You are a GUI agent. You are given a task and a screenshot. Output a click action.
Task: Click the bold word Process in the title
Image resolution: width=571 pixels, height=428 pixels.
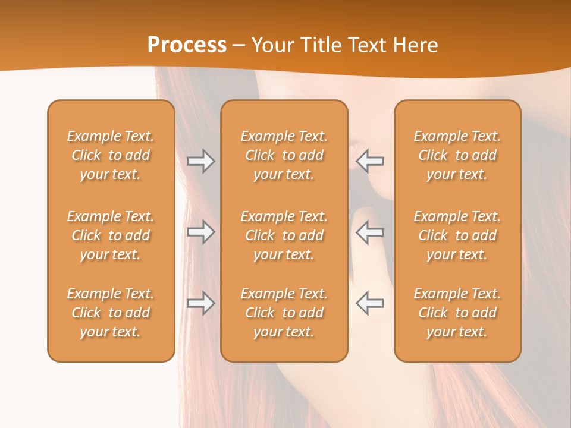pyautogui.click(x=187, y=45)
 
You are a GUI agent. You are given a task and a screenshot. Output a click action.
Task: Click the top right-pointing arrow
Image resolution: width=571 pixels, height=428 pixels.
pyautogui.click(x=200, y=161)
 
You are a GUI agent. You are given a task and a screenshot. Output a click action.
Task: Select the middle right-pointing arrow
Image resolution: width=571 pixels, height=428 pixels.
pyautogui.click(x=200, y=232)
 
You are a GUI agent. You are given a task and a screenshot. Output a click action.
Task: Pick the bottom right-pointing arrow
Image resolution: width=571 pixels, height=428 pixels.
pyautogui.click(x=200, y=303)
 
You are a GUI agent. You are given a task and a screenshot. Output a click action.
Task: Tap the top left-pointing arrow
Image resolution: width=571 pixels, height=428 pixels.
pyautogui.click(x=370, y=161)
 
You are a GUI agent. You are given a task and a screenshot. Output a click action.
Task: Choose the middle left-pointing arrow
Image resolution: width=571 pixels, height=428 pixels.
pyautogui.click(x=370, y=232)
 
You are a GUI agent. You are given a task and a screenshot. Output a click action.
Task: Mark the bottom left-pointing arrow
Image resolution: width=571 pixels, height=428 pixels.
pyautogui.click(x=370, y=303)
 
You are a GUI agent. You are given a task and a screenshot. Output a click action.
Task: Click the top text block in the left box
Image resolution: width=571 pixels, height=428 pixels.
pyautogui.click(x=111, y=155)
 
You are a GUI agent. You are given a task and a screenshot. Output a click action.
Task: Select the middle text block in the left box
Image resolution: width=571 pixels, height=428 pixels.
pyautogui.click(x=111, y=235)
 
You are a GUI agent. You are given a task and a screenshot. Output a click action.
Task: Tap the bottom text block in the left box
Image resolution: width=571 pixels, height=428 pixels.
pyautogui.click(x=111, y=313)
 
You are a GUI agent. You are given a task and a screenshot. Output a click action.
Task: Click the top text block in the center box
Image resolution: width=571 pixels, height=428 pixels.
pyautogui.click(x=284, y=155)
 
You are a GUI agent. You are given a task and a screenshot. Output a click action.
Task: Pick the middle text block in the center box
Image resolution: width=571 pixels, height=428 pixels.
pyautogui.click(x=284, y=235)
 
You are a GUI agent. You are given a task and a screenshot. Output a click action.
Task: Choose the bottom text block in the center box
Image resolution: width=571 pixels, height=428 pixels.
pyautogui.click(x=284, y=313)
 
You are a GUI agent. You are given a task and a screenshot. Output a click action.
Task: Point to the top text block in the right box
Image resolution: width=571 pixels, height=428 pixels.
pyautogui.click(x=457, y=155)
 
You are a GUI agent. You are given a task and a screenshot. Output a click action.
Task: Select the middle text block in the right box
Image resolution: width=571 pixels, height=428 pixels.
pyautogui.click(x=457, y=235)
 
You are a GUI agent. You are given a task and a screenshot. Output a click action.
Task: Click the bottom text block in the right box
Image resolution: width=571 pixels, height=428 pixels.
pyautogui.click(x=457, y=313)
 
